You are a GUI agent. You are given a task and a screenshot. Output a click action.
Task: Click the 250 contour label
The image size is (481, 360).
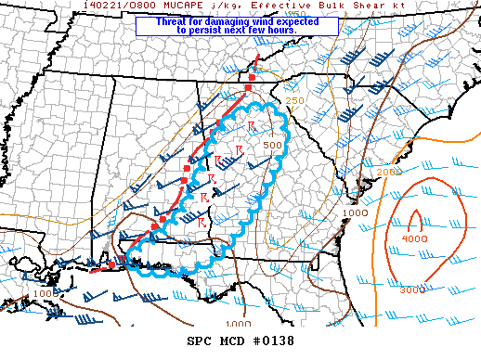[x=294, y=100]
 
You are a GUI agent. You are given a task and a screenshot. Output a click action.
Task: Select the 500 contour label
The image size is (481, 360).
[x=272, y=145]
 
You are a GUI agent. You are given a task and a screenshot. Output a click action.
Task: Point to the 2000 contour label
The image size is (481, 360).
[x=389, y=172]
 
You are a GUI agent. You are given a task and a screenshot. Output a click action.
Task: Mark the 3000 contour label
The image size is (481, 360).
[x=412, y=290]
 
